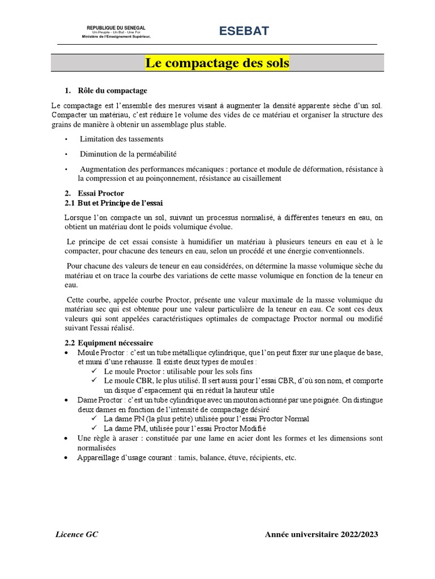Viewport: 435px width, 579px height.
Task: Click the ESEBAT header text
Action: [245, 32]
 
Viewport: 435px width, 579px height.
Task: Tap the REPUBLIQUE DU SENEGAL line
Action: [116, 28]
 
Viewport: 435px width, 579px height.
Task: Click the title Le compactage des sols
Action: [217, 63]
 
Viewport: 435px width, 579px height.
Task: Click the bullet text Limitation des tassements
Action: [121, 139]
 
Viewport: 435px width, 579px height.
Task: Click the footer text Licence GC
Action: [76, 534]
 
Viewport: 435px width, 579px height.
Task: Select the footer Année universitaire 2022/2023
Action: [321, 534]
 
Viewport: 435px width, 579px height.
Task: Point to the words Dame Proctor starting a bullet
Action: [99, 400]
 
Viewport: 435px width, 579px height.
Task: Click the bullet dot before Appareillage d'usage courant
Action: [67, 458]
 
